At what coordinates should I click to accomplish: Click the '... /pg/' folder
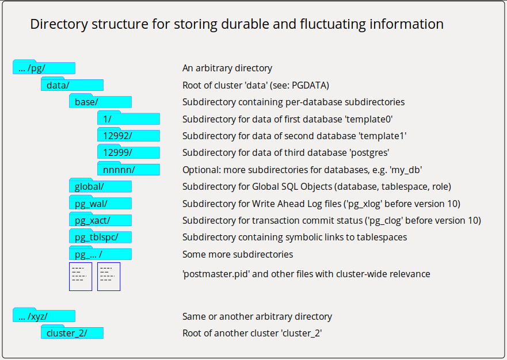pyautogui.click(x=44, y=68)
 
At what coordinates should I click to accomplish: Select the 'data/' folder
pyautogui.click(x=72, y=85)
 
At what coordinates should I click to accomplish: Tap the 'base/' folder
pyautogui.click(x=100, y=102)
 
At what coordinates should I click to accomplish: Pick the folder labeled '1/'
pyautogui.click(x=128, y=119)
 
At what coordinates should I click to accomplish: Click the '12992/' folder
pyautogui.click(x=128, y=136)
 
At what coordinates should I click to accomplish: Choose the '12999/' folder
pyautogui.click(x=128, y=153)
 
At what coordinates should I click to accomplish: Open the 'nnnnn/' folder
pyautogui.click(x=128, y=170)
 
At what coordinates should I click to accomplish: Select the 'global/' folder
pyautogui.click(x=100, y=186)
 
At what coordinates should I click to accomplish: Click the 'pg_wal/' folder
pyautogui.click(x=100, y=204)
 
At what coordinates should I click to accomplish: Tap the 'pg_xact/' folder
pyautogui.click(x=100, y=220)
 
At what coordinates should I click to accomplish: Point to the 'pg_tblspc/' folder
pyautogui.click(x=100, y=237)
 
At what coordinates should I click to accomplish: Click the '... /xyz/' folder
pyautogui.click(x=44, y=316)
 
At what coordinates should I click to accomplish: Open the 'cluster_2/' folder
pyautogui.click(x=72, y=333)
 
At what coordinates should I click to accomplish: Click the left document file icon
pyautogui.click(x=80, y=277)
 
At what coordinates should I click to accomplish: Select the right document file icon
pyautogui.click(x=109, y=277)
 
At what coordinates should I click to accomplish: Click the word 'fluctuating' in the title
pyautogui.click(x=334, y=24)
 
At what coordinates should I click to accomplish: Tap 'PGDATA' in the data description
pyautogui.click(x=310, y=85)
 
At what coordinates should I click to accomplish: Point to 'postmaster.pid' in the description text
pyautogui.click(x=216, y=274)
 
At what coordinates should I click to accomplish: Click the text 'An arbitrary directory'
pyautogui.click(x=227, y=68)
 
